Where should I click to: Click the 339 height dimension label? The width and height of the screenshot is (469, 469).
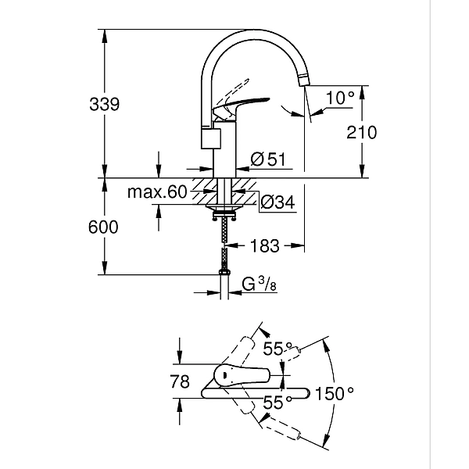(104, 105)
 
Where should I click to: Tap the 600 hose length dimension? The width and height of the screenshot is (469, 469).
(104, 227)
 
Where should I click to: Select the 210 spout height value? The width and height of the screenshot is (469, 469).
(360, 132)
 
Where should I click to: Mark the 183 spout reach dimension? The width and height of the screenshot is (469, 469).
(265, 246)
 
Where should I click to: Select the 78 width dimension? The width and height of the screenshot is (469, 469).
(180, 382)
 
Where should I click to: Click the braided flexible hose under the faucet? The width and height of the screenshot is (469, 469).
(225, 242)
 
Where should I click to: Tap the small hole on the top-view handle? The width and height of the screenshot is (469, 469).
(226, 376)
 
